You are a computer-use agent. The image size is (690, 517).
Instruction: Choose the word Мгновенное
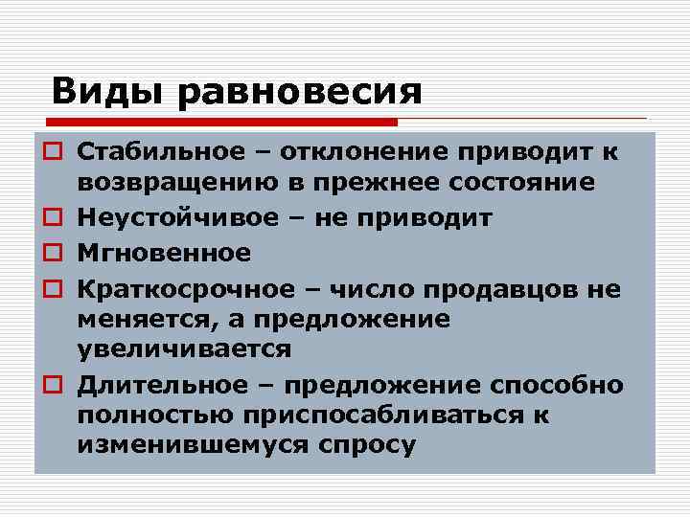164,253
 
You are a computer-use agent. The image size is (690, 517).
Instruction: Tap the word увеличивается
184,348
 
